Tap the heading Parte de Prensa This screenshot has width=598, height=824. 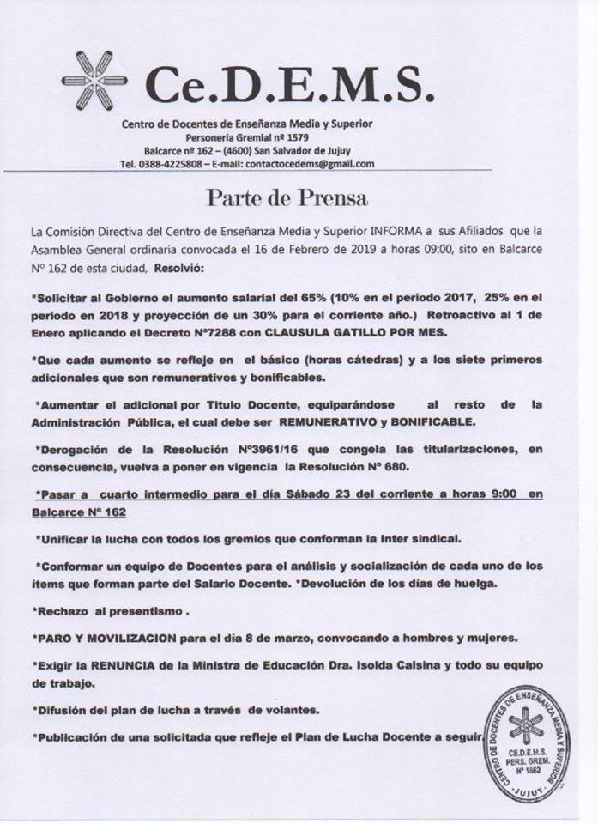(x=287, y=198)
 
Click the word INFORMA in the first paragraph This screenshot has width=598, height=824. (x=393, y=232)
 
